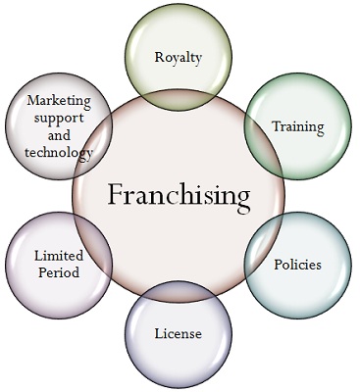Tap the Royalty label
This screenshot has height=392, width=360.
point(179,58)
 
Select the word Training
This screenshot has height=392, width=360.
point(297,126)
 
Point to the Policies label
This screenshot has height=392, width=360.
point(297,264)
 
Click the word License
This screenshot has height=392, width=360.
point(178,334)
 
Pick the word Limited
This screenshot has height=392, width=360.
point(60,256)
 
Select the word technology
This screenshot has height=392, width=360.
point(60,153)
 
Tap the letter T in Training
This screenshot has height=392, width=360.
point(276,125)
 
